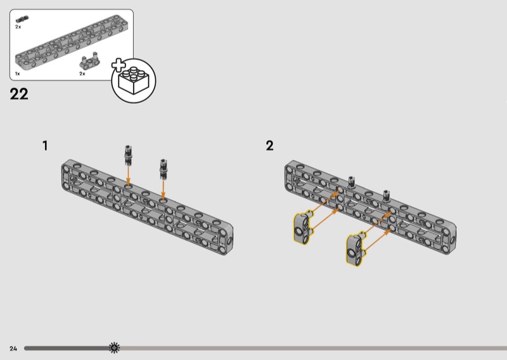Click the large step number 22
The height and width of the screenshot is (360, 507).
[x=19, y=94]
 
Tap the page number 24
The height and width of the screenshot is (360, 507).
[x=13, y=349]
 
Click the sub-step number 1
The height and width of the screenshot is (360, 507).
[x=45, y=146]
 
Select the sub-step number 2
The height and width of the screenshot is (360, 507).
[x=270, y=146]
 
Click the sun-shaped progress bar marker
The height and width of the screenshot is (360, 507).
[x=114, y=348]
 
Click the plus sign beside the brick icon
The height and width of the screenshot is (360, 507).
[x=119, y=65]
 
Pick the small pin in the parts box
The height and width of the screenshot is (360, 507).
[x=22, y=20]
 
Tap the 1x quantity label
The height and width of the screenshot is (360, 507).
[x=18, y=74]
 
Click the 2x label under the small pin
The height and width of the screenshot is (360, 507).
[x=18, y=27]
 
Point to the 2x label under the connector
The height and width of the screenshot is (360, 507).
[x=82, y=74]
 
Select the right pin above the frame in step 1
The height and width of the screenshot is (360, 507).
[x=164, y=169]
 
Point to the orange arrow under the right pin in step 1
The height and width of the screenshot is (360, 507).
[x=164, y=191]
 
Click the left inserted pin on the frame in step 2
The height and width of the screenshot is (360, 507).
[x=351, y=182]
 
